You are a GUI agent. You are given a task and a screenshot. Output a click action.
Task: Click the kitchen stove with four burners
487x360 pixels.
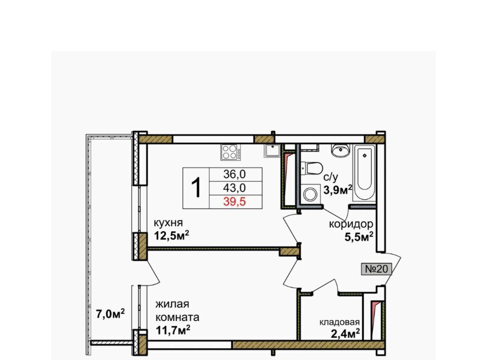[231, 152]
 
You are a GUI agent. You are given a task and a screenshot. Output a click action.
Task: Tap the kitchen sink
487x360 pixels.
[272, 151]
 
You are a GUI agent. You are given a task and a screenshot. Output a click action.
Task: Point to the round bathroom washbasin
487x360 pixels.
[341, 150]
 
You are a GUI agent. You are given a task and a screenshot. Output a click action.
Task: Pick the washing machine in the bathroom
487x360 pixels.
[310, 194]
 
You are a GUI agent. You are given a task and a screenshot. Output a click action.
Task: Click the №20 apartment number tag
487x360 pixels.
[376, 269]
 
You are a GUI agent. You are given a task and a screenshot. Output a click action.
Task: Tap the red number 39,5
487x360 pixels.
[234, 202]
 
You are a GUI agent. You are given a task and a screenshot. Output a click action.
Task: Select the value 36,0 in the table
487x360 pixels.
[234, 174]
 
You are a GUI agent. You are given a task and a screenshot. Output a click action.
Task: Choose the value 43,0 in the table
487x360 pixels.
[234, 188]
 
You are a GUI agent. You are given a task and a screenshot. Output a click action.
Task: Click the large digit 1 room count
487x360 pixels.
[196, 188]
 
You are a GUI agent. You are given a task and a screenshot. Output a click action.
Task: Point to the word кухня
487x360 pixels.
[168, 223]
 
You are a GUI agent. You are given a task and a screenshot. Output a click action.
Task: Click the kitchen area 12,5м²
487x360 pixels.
[172, 236]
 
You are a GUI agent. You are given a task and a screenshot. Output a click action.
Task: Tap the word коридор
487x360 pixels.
[351, 224]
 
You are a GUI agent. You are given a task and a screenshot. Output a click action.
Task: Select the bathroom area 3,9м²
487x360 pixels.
[338, 189]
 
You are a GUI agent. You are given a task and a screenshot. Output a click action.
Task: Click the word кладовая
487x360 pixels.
[339, 322]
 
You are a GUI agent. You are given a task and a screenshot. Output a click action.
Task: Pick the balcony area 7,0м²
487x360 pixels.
[110, 314]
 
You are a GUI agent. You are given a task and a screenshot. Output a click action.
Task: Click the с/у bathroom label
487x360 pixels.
[330, 177]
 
